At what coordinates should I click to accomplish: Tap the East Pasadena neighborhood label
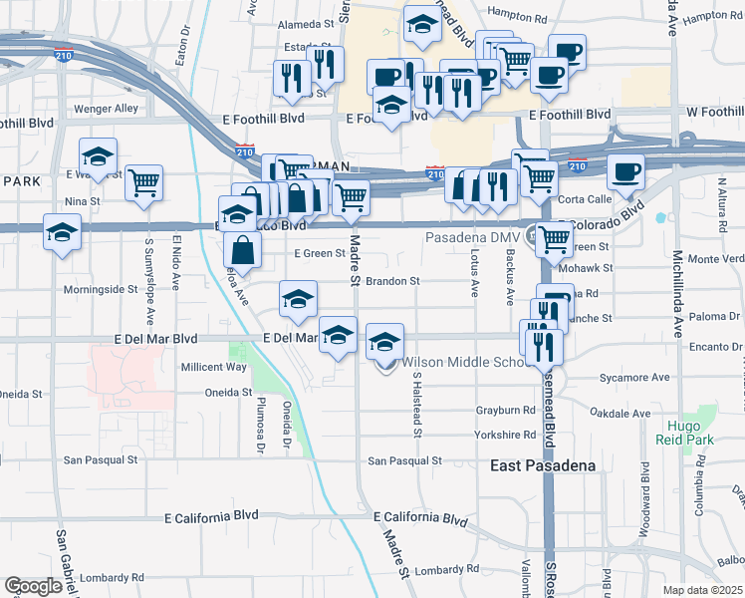coord(543,465)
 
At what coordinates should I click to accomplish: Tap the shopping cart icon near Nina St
coord(144,182)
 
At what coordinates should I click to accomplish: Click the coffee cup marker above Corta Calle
coord(625,172)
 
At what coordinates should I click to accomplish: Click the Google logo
coord(33,585)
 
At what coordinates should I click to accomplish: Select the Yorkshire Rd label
coord(505,436)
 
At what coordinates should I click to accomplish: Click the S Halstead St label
coord(416,405)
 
